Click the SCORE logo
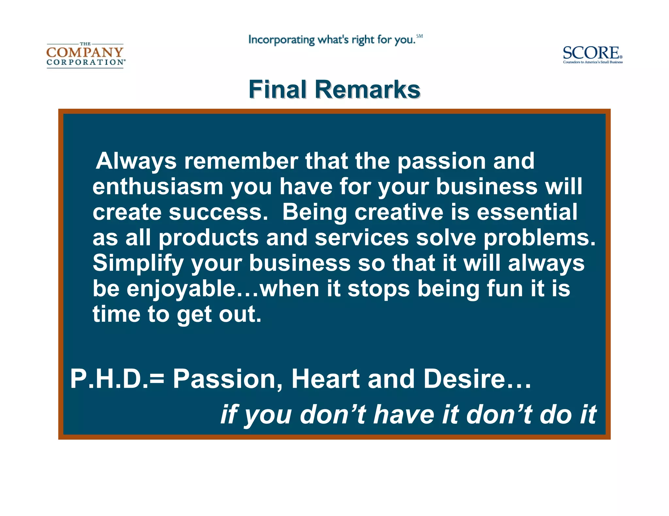pos(592,54)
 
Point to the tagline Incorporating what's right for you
pos(332,40)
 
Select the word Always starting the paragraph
pos(136,161)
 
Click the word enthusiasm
pos(158,187)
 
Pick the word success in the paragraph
pos(218,212)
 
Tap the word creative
pos(399,212)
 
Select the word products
pos(208,237)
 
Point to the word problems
pos(539,237)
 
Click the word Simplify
pos(138,263)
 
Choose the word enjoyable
pos(181,289)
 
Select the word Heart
pos(325,379)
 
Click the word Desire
pos(464,379)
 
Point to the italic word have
pos(404,415)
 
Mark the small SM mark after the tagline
pos(419,36)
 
